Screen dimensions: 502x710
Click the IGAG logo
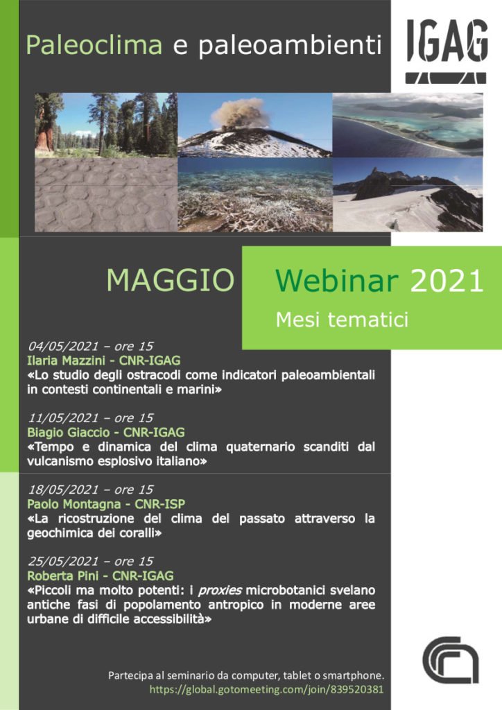447,51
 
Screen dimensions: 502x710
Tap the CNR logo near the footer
451,660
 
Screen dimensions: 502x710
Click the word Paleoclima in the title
94,45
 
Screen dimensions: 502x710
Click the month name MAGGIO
171,280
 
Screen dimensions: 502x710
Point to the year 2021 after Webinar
447,281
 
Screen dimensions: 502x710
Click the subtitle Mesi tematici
343,319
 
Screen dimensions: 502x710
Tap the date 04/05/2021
63,347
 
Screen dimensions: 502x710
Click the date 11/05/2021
63,418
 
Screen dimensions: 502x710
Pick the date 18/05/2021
63,490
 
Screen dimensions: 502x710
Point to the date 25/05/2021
63,562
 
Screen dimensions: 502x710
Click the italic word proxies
220,591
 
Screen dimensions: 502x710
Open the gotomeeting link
267,690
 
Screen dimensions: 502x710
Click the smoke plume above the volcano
241,113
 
